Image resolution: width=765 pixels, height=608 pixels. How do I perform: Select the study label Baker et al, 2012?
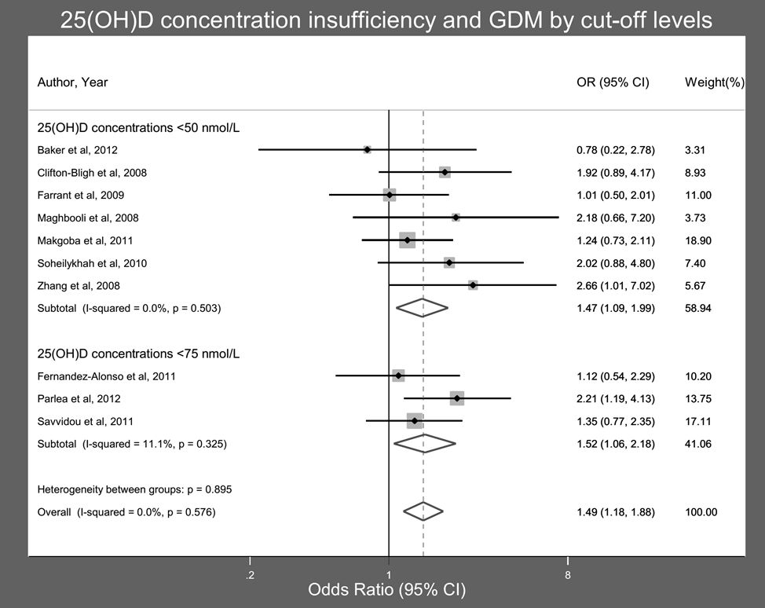tap(78, 149)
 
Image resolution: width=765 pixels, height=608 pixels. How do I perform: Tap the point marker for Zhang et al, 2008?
tap(473, 285)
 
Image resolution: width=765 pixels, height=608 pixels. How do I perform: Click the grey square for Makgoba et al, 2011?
tap(407, 240)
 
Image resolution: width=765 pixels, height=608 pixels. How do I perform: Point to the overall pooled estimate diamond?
tap(423, 512)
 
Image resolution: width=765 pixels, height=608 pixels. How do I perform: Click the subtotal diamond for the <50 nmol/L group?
tap(422, 308)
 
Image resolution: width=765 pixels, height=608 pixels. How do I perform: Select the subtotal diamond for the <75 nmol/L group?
tap(424, 444)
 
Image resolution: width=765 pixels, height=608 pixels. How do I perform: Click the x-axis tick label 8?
tap(568, 574)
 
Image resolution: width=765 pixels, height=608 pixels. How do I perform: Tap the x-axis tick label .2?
tap(250, 574)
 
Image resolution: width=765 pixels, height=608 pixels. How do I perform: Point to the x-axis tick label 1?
tap(389, 574)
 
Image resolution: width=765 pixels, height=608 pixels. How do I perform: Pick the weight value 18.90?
tap(699, 240)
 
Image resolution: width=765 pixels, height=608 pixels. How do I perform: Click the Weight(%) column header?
tap(715, 82)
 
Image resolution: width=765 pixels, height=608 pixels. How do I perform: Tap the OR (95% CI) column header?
tap(613, 82)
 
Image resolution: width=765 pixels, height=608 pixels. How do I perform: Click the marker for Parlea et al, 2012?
tap(456, 398)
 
